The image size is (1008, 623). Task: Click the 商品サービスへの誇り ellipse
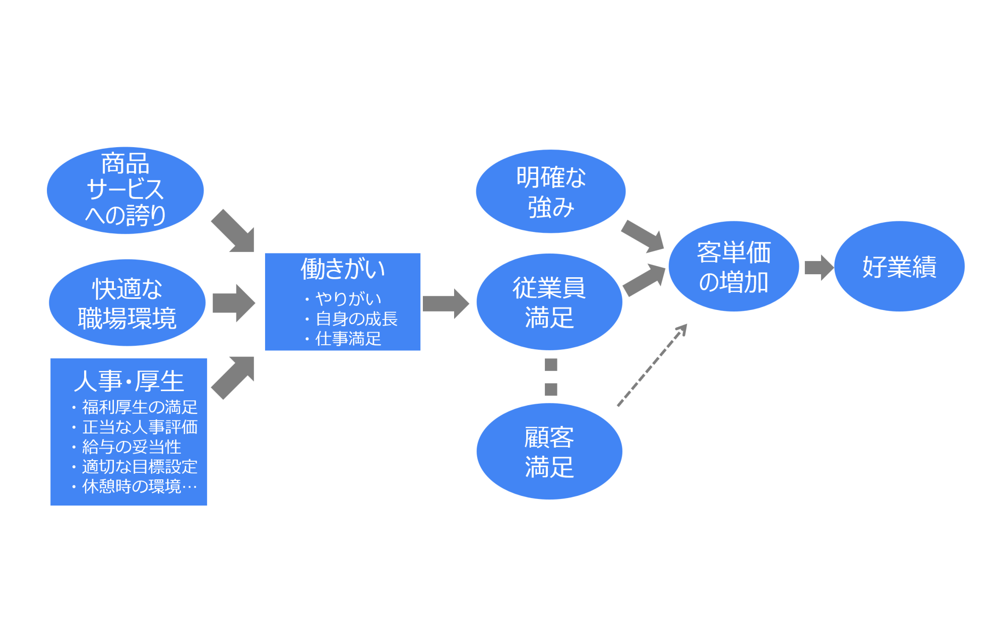point(125,190)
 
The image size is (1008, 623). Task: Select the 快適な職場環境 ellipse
point(127,302)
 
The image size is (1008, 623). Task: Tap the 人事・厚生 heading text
point(129,381)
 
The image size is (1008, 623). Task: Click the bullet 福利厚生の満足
point(139,407)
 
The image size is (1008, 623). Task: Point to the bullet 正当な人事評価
point(139,427)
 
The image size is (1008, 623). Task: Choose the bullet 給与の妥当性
point(131,447)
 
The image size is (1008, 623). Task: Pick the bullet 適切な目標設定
point(139,466)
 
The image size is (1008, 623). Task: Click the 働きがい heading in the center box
point(343,269)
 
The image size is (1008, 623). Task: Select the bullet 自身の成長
point(356,319)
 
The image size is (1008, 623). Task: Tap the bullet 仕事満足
point(348,339)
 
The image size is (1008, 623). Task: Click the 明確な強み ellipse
point(550,191)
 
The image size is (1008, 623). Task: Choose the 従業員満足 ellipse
point(549,302)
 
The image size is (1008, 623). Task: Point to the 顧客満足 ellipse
point(549,451)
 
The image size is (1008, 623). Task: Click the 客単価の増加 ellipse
point(733,266)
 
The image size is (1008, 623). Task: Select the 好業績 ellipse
point(899,266)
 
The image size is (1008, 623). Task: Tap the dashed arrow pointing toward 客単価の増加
point(652,365)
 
